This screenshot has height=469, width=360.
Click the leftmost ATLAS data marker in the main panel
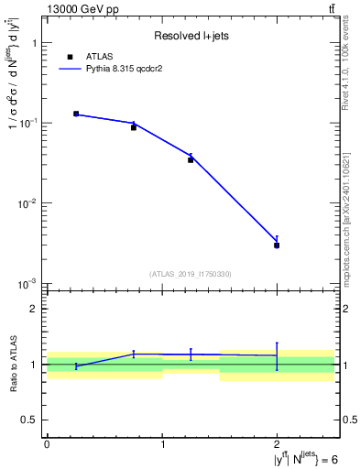(x=76, y=114)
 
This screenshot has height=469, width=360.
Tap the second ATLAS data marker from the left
(x=134, y=127)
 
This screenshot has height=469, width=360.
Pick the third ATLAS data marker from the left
(x=191, y=159)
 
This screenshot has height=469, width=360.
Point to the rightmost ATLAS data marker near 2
(x=277, y=245)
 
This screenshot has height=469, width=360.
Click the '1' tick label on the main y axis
(x=34, y=43)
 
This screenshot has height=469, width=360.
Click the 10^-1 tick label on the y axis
(x=29, y=123)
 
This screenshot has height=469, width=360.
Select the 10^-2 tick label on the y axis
(x=29, y=203)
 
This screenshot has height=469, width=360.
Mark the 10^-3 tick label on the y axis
(x=29, y=284)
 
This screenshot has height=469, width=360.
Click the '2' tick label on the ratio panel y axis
(x=34, y=309)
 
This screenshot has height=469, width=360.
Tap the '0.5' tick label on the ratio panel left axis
(x=29, y=420)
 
